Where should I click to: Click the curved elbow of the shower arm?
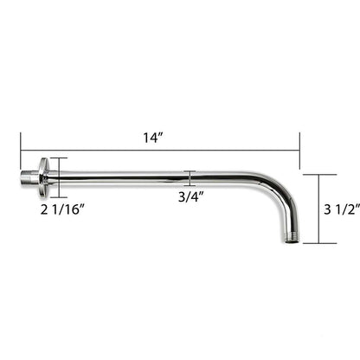point(281,195)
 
